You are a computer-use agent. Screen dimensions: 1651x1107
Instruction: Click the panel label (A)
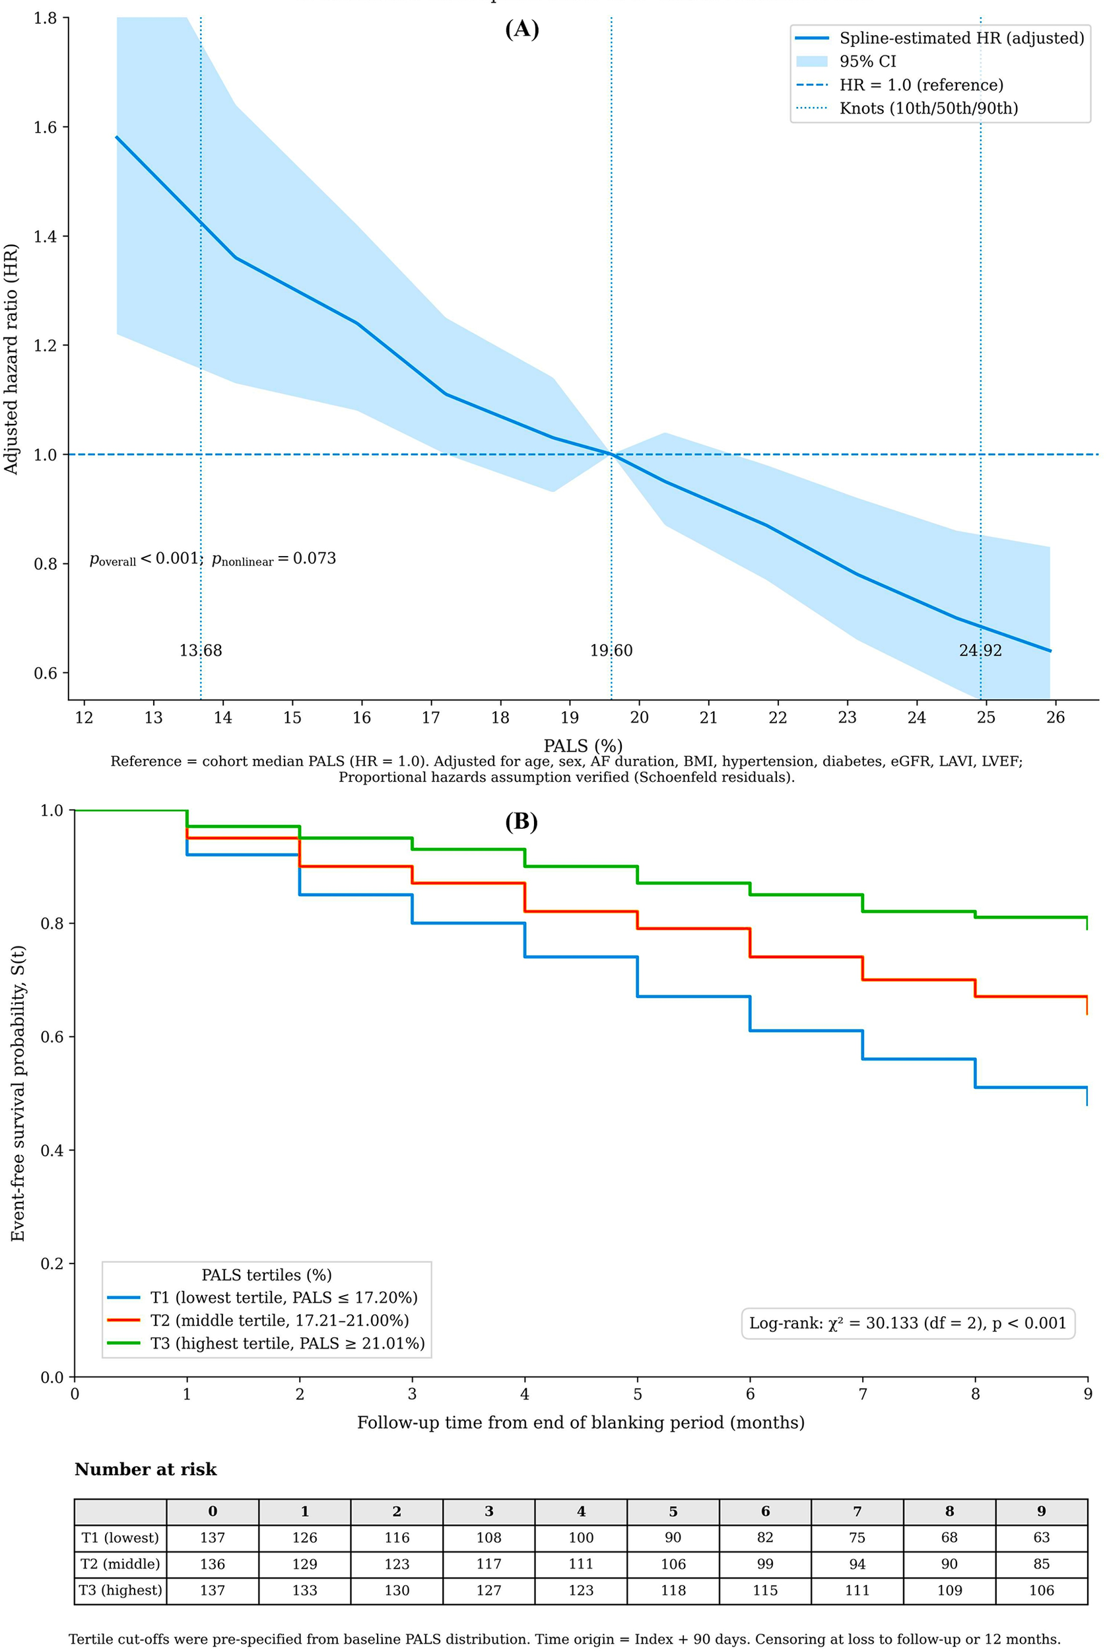(521, 29)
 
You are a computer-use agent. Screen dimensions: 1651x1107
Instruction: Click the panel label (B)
(521, 822)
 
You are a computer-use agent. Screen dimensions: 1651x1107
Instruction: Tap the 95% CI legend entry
(867, 61)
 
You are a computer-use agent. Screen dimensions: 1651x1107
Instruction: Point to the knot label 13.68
(201, 650)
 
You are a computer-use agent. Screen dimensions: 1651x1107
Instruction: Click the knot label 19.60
(611, 650)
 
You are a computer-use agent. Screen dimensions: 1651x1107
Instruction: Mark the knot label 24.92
(980, 650)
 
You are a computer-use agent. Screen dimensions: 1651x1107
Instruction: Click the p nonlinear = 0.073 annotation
(274, 559)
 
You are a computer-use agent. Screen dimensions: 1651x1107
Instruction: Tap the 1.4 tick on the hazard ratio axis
(45, 236)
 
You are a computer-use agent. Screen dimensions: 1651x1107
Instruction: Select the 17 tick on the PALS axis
(430, 717)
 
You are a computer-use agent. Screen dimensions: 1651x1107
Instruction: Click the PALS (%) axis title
(582, 746)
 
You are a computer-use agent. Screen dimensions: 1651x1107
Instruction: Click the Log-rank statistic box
(907, 1323)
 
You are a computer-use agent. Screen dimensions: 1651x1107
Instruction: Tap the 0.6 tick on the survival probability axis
(51, 1037)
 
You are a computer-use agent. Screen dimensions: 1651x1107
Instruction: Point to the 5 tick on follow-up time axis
(638, 1394)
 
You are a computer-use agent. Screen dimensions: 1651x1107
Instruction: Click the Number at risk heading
(145, 1469)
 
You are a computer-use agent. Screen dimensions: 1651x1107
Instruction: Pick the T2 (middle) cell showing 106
(673, 1563)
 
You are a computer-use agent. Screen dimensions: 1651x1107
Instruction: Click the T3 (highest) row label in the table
(121, 1590)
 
